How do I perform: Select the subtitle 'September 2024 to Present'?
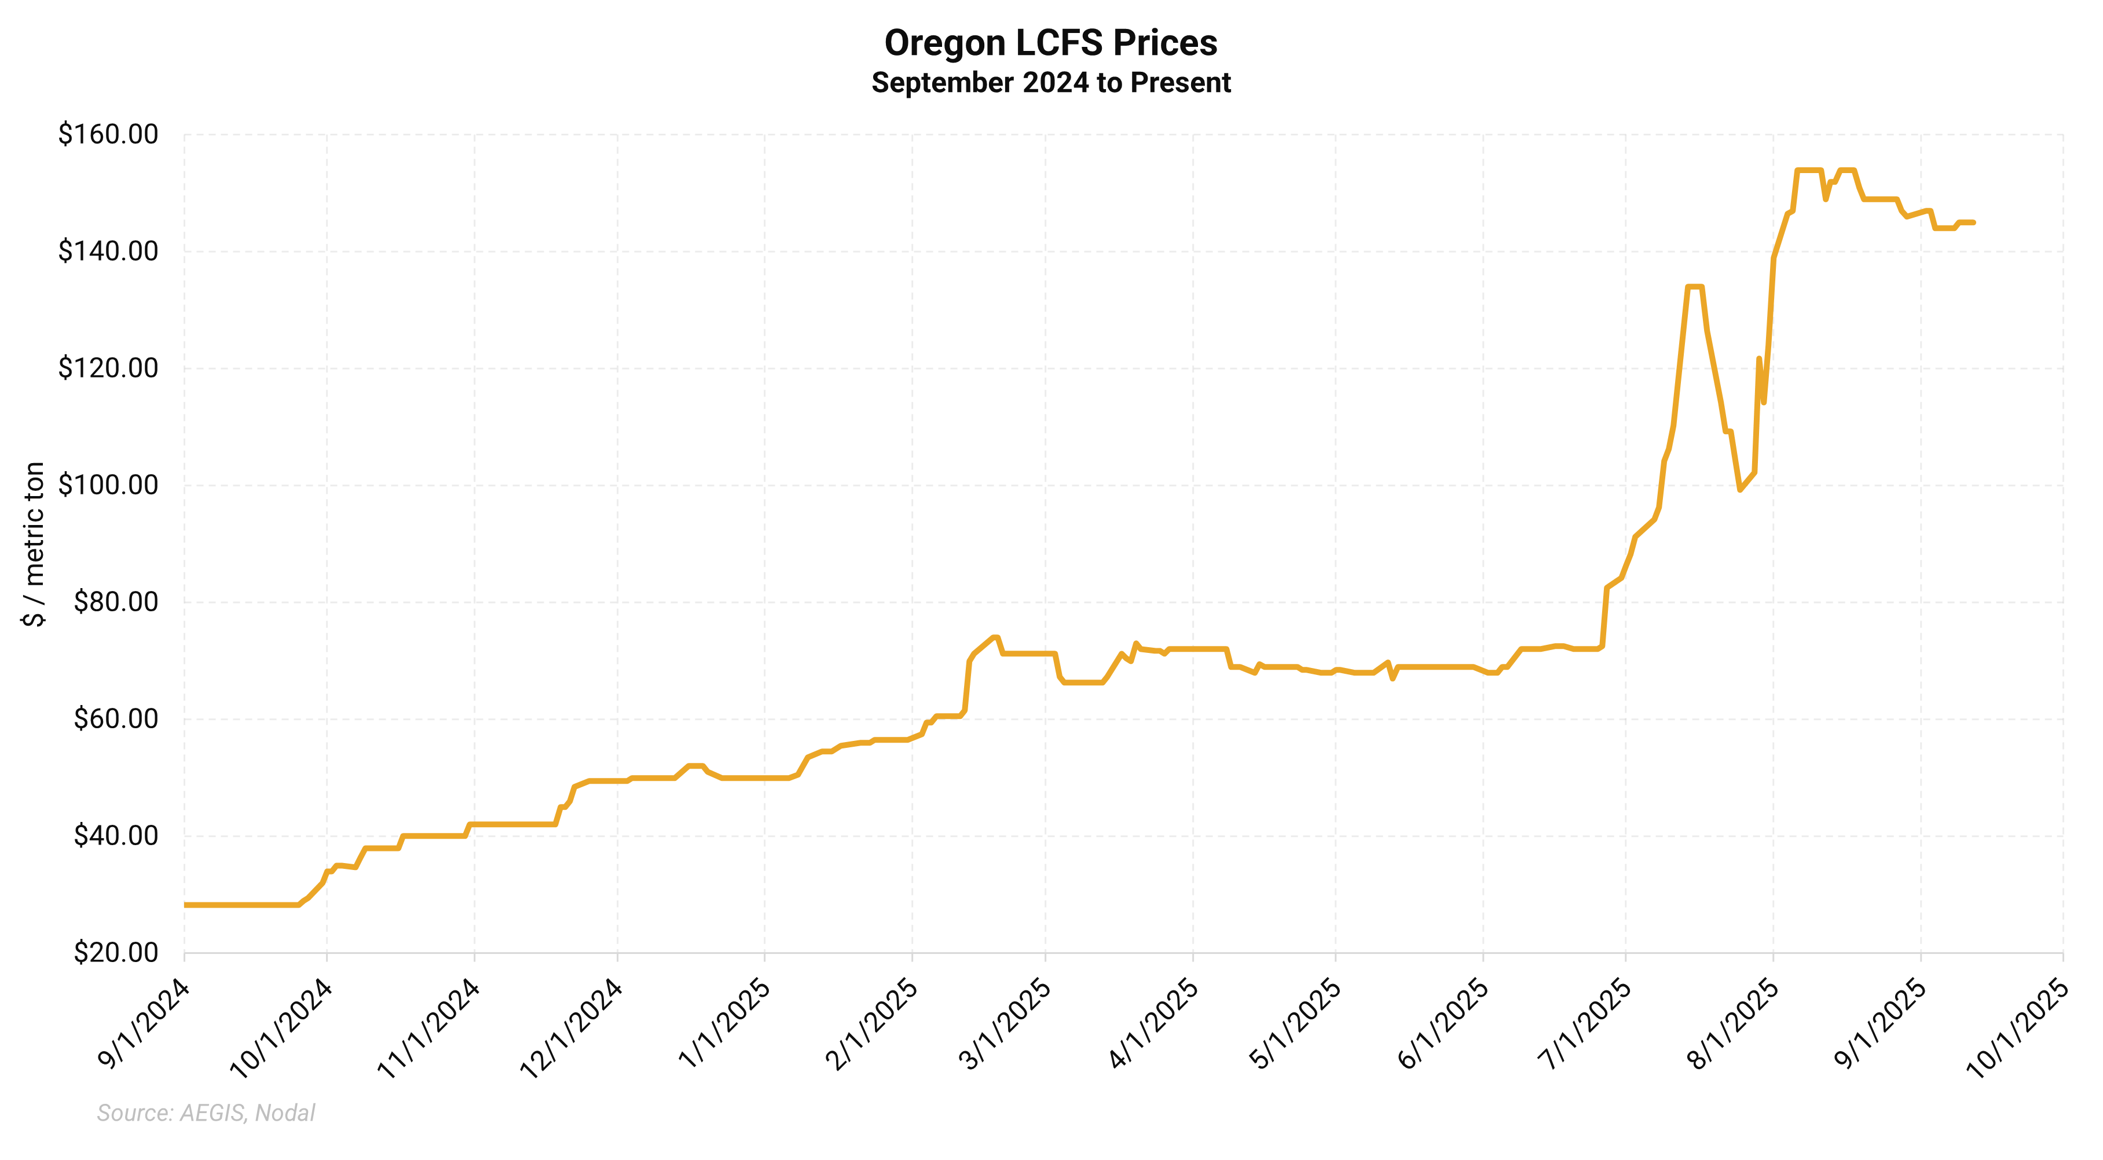1051,82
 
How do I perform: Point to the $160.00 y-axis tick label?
108,134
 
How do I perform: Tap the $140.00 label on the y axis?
108,251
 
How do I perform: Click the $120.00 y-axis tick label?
108,368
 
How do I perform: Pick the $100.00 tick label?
108,485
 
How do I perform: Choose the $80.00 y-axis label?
115,601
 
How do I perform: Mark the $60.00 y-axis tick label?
115,718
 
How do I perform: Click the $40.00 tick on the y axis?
115,835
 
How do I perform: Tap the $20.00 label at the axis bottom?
115,952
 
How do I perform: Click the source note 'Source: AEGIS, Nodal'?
206,1113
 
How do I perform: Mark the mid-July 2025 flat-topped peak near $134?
1694,287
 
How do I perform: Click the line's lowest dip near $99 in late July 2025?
1740,490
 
